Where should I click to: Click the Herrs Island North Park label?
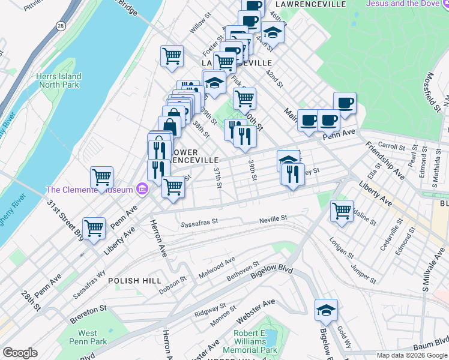pos(58,80)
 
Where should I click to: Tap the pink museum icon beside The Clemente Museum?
pos(142,190)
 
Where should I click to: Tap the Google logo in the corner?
pos(20,353)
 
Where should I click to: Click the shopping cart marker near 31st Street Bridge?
pos(94,229)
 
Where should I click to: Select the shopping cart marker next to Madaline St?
pos(342,211)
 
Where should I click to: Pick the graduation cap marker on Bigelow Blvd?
pos(326,310)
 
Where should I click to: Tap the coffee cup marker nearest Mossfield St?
pos(344,103)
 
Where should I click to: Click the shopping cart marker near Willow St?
pos(172,56)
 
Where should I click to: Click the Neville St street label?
pos(274,220)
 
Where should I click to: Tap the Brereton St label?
pos(88,308)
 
